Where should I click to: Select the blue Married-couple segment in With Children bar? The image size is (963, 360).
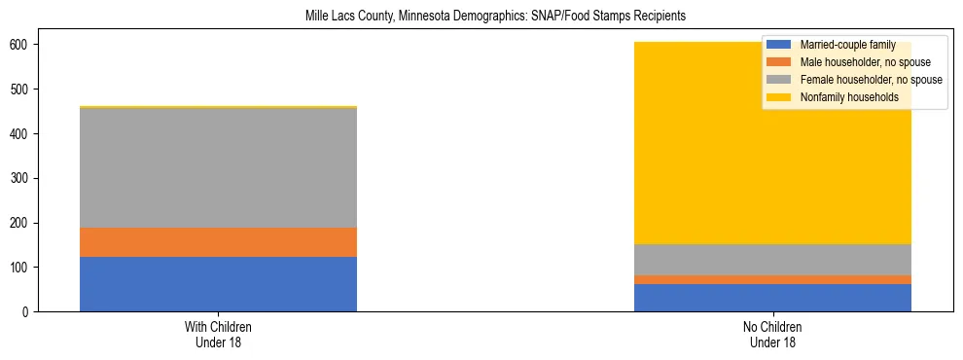[218, 284]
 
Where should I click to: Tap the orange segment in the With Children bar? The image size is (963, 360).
[218, 242]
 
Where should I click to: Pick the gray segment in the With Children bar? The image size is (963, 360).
[218, 167]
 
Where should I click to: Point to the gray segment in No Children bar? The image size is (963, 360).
[772, 260]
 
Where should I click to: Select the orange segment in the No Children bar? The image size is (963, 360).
[772, 280]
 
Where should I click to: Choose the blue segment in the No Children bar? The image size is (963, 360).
[772, 298]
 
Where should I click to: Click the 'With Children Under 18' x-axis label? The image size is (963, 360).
[218, 335]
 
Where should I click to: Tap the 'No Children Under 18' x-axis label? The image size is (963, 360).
[772, 335]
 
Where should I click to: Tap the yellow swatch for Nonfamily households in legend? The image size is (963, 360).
[779, 97]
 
